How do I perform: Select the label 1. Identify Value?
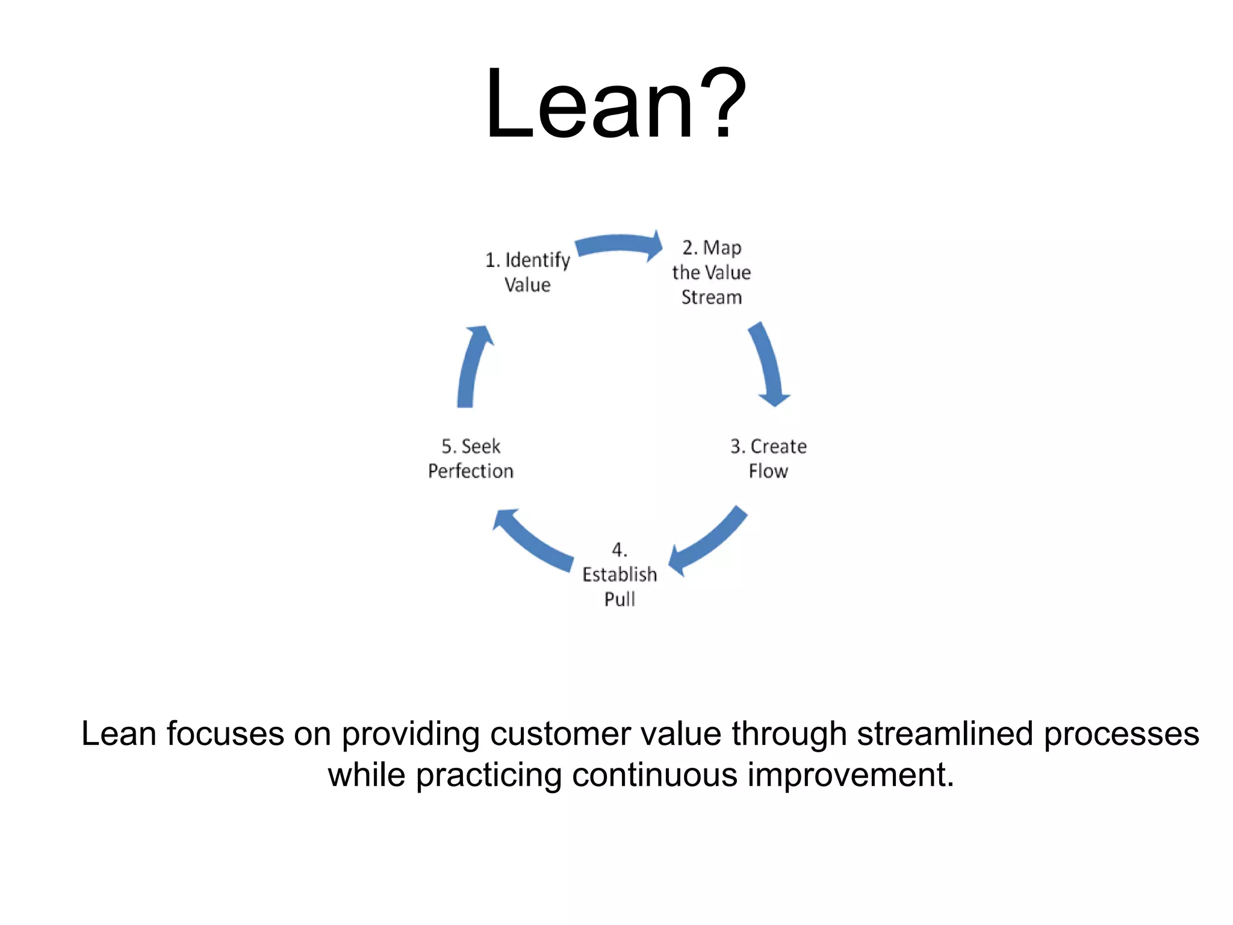527,272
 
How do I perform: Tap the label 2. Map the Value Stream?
711,272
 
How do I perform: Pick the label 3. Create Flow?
768,458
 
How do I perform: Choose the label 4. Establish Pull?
620,575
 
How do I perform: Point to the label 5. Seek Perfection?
471,458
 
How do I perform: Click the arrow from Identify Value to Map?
619,244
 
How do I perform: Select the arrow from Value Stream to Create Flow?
768,364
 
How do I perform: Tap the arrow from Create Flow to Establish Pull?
710,540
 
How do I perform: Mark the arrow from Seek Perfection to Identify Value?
472,367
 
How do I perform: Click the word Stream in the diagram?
711,297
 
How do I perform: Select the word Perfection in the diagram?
471,471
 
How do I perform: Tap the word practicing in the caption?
488,776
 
